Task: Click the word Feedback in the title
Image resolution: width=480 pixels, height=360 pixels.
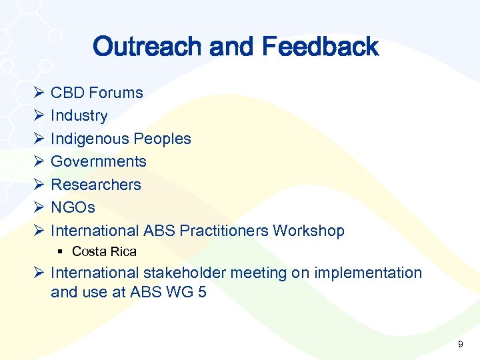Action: tap(320, 47)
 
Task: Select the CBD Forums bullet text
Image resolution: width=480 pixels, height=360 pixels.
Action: tap(97, 93)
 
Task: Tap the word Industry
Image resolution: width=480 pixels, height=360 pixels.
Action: tap(79, 116)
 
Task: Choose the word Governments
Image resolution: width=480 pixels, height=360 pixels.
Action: tap(99, 162)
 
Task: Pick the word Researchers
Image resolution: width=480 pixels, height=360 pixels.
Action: tap(96, 185)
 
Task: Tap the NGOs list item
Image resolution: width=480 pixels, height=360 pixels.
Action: tap(73, 208)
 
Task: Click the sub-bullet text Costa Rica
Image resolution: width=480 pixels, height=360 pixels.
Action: tap(104, 252)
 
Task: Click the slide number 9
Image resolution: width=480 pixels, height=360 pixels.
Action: tap(460, 345)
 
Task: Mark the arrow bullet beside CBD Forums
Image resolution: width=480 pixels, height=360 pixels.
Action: tap(38, 93)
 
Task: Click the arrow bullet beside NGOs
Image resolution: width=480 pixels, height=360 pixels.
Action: tap(38, 208)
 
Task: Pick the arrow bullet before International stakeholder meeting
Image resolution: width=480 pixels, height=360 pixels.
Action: tap(38, 273)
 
